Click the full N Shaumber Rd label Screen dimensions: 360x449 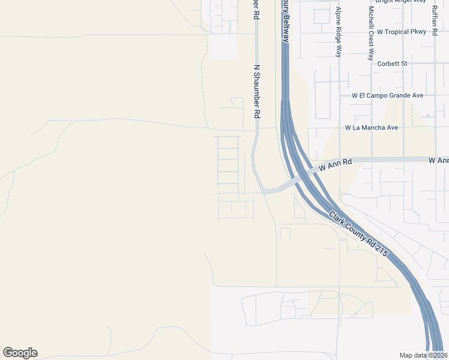click(256, 91)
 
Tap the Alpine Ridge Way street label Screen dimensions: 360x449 click(339, 33)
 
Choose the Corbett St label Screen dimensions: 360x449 click(392, 63)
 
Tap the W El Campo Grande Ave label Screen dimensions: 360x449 click(388, 95)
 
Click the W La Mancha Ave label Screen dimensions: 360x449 click(372, 128)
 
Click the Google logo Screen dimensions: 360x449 click(20, 353)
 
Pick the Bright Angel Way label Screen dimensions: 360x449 click(400, 2)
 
